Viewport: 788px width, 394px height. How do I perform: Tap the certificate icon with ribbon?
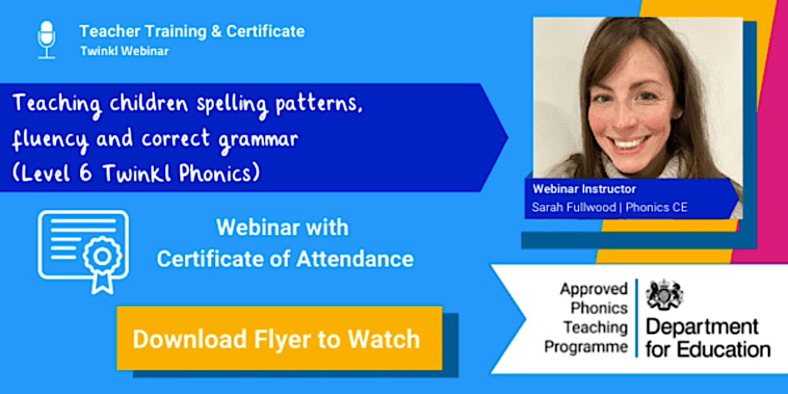[83, 251]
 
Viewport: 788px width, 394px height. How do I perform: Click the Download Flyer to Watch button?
[280, 338]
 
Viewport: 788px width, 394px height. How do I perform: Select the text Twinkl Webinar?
[124, 51]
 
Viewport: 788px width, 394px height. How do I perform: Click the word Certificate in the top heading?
[265, 31]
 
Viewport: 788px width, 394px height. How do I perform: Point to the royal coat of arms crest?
[664, 295]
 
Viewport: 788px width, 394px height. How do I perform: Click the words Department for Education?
[708, 338]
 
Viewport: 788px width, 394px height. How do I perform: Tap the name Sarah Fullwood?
[573, 207]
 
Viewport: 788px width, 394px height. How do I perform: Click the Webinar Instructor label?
[584, 189]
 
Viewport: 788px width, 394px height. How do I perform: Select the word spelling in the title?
[232, 104]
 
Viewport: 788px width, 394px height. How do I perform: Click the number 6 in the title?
[86, 173]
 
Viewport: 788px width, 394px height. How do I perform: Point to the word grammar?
[258, 141]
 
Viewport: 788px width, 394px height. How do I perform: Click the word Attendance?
[355, 259]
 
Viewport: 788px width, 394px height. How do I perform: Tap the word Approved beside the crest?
[594, 289]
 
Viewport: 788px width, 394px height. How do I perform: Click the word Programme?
[586, 347]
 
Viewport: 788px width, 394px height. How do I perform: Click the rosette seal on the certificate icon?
[103, 256]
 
